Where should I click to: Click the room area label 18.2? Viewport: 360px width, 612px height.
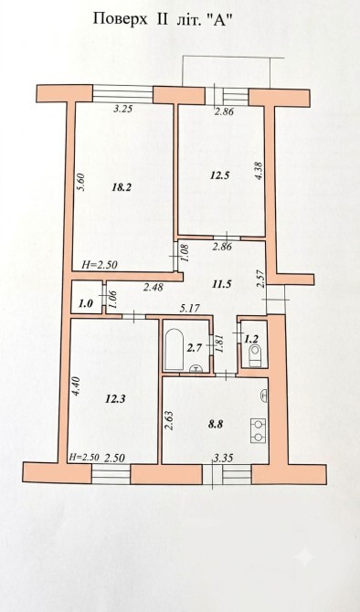tap(121, 187)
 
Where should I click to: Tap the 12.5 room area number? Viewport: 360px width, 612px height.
tap(220, 175)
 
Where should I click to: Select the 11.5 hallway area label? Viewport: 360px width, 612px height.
tap(221, 284)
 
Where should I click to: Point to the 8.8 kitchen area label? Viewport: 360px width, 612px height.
tap(215, 425)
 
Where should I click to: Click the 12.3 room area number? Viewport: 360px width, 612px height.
tap(115, 399)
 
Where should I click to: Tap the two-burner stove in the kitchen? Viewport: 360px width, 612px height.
tap(258, 430)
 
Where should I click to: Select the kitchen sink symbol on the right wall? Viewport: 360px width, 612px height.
tap(264, 395)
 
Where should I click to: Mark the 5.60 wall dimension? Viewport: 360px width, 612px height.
tap(80, 182)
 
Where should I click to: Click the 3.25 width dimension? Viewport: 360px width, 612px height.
tap(123, 109)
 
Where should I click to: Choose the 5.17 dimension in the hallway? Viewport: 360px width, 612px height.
tap(190, 309)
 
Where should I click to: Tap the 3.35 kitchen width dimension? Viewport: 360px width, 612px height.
tap(223, 458)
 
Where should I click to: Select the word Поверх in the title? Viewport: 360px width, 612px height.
tap(121, 19)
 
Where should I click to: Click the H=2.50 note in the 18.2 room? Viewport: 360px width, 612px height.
tap(100, 265)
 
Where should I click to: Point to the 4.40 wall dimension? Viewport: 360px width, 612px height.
tap(76, 385)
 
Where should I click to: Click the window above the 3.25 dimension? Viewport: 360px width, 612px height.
tap(122, 94)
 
